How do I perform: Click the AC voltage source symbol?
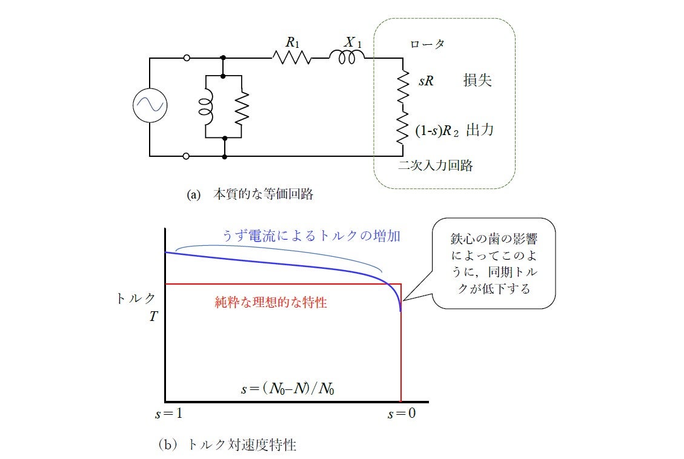pyautogui.click(x=150, y=106)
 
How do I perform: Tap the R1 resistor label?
pyautogui.click(x=292, y=42)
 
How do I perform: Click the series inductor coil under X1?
pyautogui.click(x=347, y=58)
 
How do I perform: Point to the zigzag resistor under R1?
pyautogui.click(x=292, y=58)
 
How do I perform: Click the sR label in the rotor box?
pyautogui.click(x=426, y=81)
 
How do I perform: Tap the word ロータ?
pyautogui.click(x=428, y=44)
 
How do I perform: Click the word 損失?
pyautogui.click(x=477, y=81)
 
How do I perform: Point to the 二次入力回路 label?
pyautogui.click(x=436, y=166)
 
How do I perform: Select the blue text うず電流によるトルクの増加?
pyautogui.click(x=311, y=236)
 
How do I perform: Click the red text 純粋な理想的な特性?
pyautogui.click(x=271, y=302)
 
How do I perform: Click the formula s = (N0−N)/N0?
pyautogui.click(x=288, y=389)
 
